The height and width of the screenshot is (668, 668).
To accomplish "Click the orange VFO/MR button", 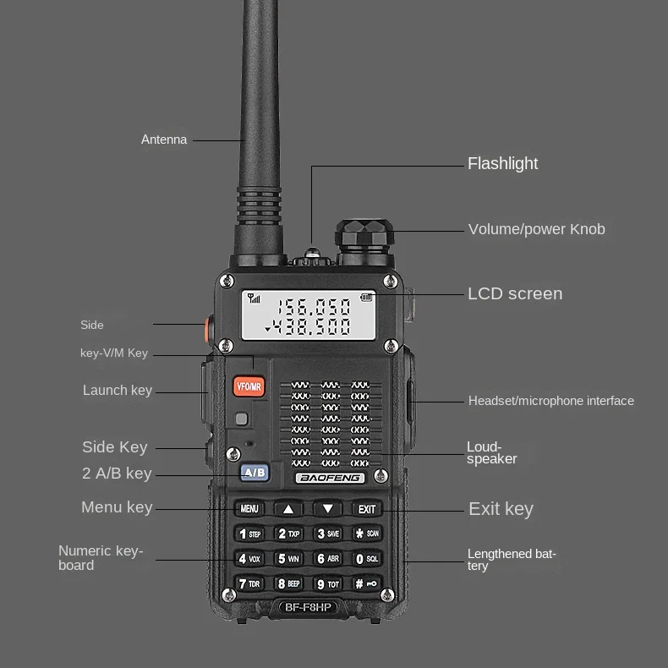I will click(249, 386).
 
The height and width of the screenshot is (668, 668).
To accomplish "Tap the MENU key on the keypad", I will click(249, 509).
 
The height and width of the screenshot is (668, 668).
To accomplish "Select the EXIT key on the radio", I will click(366, 509).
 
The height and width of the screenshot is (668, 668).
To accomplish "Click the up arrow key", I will click(288, 509).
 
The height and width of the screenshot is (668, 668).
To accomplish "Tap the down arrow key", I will click(327, 509).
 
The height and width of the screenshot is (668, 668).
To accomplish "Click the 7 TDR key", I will click(249, 583).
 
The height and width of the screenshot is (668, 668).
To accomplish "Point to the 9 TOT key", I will click(327, 583).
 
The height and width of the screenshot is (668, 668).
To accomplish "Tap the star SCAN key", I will click(366, 534).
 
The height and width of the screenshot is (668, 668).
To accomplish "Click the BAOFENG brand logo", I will click(329, 478).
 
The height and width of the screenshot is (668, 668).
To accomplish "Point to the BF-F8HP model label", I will click(307, 607).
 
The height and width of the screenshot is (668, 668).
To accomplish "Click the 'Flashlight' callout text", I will click(502, 163).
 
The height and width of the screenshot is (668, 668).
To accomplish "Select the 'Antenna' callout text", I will click(164, 140).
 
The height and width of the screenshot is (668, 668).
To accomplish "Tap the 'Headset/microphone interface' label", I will click(550, 401).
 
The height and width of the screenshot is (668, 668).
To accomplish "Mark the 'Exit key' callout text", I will click(501, 508).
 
